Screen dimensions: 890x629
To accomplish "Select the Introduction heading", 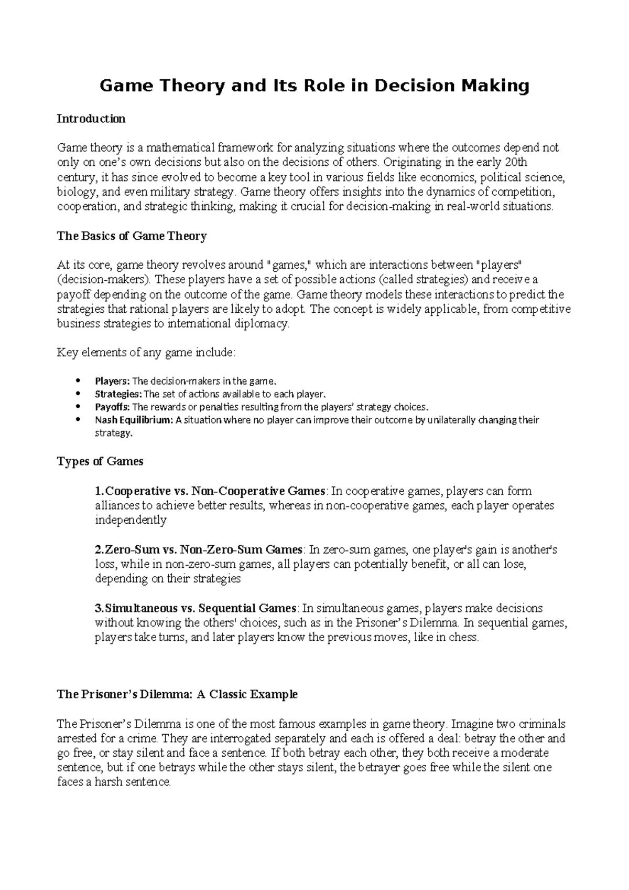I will (x=91, y=119).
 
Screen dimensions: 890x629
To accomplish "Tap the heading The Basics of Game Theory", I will (x=132, y=236).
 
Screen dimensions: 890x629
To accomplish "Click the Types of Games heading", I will (x=100, y=461).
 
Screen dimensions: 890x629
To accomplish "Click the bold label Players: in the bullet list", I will (x=112, y=381).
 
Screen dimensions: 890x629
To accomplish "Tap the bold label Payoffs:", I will (x=112, y=407).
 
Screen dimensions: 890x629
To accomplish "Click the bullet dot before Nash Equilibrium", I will (x=78, y=419).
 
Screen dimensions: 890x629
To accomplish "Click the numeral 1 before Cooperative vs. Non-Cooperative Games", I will (x=98, y=491).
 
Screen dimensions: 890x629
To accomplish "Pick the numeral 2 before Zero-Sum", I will (x=98, y=550).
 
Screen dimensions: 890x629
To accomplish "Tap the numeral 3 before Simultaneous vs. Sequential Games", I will (x=98, y=609).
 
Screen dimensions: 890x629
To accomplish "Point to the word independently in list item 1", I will (x=131, y=521).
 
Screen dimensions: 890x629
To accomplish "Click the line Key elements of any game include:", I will (x=146, y=353).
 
